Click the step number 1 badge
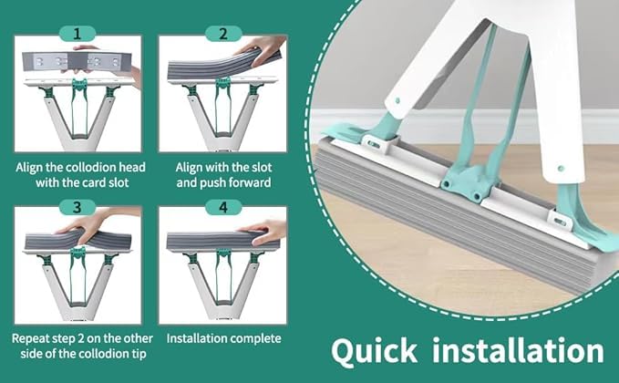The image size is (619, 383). point(77,34)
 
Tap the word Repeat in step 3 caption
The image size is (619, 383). point(32,336)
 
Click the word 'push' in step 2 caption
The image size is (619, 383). point(204,183)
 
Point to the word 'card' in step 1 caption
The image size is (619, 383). point(92,183)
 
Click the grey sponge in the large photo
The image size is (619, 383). point(438,219)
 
